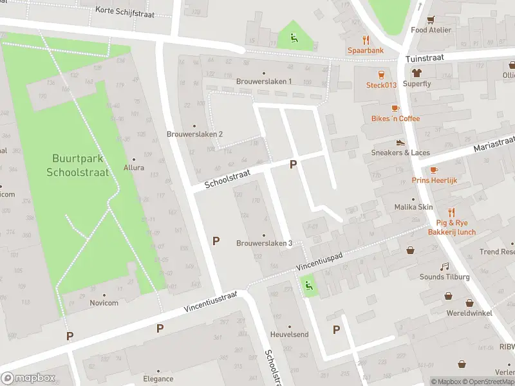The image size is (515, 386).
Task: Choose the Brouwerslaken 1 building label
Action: coord(264,81)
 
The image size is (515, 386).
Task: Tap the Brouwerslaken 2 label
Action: coord(194,134)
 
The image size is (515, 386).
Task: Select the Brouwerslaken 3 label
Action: coord(264,243)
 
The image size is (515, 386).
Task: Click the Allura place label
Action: coord(134,167)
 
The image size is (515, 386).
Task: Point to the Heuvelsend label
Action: coord(289,335)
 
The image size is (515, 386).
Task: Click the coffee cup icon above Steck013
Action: coord(381,74)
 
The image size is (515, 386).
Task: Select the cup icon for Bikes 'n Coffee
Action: coord(395,107)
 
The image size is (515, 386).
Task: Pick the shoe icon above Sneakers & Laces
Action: coord(400,142)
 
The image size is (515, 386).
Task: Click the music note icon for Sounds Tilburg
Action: coord(444,266)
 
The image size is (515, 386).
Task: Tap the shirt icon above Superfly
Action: coord(417,73)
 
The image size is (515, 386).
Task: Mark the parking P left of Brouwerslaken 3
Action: coord(216,241)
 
